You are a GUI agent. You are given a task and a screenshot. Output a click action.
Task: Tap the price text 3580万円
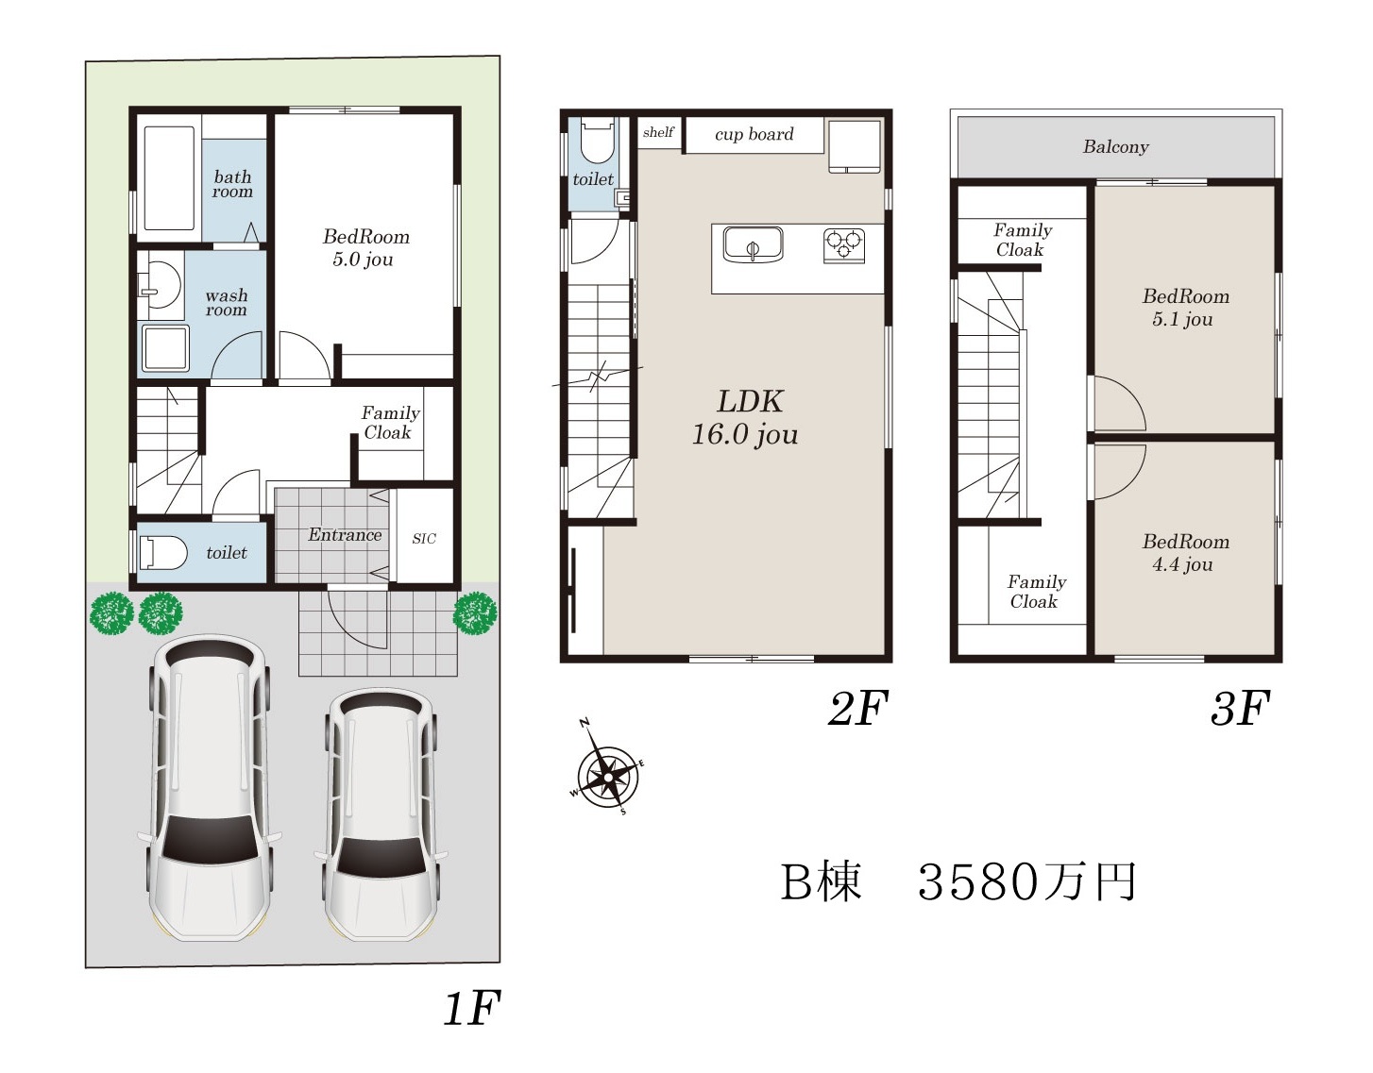coord(1026,881)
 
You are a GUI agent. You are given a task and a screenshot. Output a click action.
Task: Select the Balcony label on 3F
coord(1115,147)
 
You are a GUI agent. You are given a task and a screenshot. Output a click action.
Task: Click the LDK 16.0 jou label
coord(747,418)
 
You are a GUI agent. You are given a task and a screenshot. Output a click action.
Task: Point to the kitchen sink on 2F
coord(754,243)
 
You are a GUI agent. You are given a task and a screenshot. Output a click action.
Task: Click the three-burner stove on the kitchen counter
coord(844,245)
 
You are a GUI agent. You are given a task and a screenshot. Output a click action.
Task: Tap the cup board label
coord(754,134)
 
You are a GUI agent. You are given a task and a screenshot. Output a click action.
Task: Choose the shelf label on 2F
coord(658,132)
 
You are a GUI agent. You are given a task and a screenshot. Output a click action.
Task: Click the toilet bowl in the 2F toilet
coord(597,140)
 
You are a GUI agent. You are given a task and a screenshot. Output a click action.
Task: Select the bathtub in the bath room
coord(169,178)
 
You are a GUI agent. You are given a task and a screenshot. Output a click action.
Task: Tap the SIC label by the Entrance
coord(424,539)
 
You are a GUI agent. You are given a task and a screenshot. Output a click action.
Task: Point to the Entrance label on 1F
coord(345,534)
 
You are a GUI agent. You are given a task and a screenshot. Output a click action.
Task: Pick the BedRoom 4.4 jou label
coord(1185,552)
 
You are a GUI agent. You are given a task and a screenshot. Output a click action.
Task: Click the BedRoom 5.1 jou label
coord(1185,308)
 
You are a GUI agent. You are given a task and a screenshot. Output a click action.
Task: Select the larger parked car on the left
coord(209,788)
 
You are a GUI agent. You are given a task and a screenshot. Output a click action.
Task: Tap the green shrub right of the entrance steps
coord(475,612)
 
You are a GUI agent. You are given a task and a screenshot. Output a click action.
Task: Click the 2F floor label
coord(858,708)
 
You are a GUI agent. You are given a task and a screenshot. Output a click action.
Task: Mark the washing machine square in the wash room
coord(165,348)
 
